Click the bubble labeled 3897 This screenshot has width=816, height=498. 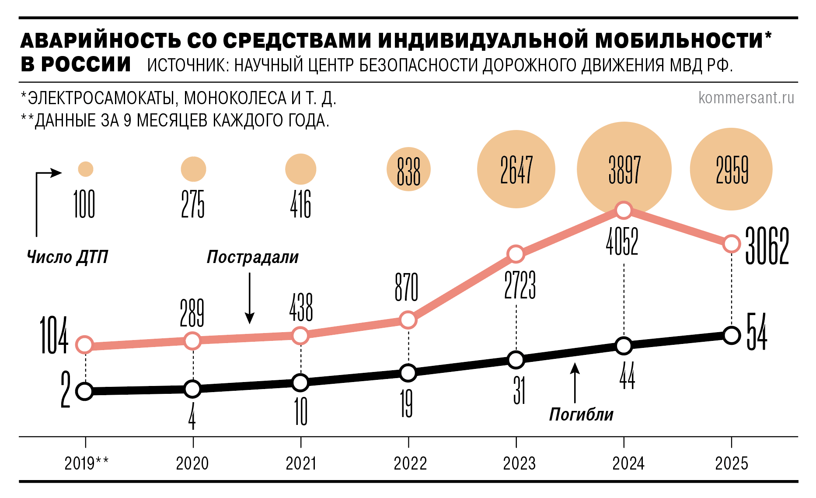coord(624,169)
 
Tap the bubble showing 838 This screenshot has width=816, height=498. coord(408,169)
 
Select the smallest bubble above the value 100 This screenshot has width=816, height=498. coord(86,169)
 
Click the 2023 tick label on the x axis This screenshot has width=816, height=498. coord(519,463)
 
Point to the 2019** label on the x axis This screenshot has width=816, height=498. coord(87,463)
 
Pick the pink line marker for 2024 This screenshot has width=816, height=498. coord(624,210)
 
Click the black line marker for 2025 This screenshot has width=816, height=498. coord(732,336)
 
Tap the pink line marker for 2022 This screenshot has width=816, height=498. coord(408,320)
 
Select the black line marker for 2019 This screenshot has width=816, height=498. coord(84,391)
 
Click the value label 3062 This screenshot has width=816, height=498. coord(767,246)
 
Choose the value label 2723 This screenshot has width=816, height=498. coord(520,285)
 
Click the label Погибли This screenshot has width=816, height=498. coord(581,414)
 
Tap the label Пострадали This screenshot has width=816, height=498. coord(252,257)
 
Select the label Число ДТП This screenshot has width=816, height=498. coord(67,257)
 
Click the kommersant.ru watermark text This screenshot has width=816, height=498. coord(746,98)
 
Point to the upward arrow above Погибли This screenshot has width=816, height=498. coord(575,382)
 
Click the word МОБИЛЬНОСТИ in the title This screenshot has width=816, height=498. coord(679,41)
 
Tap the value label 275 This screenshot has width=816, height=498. coord(193,204)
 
